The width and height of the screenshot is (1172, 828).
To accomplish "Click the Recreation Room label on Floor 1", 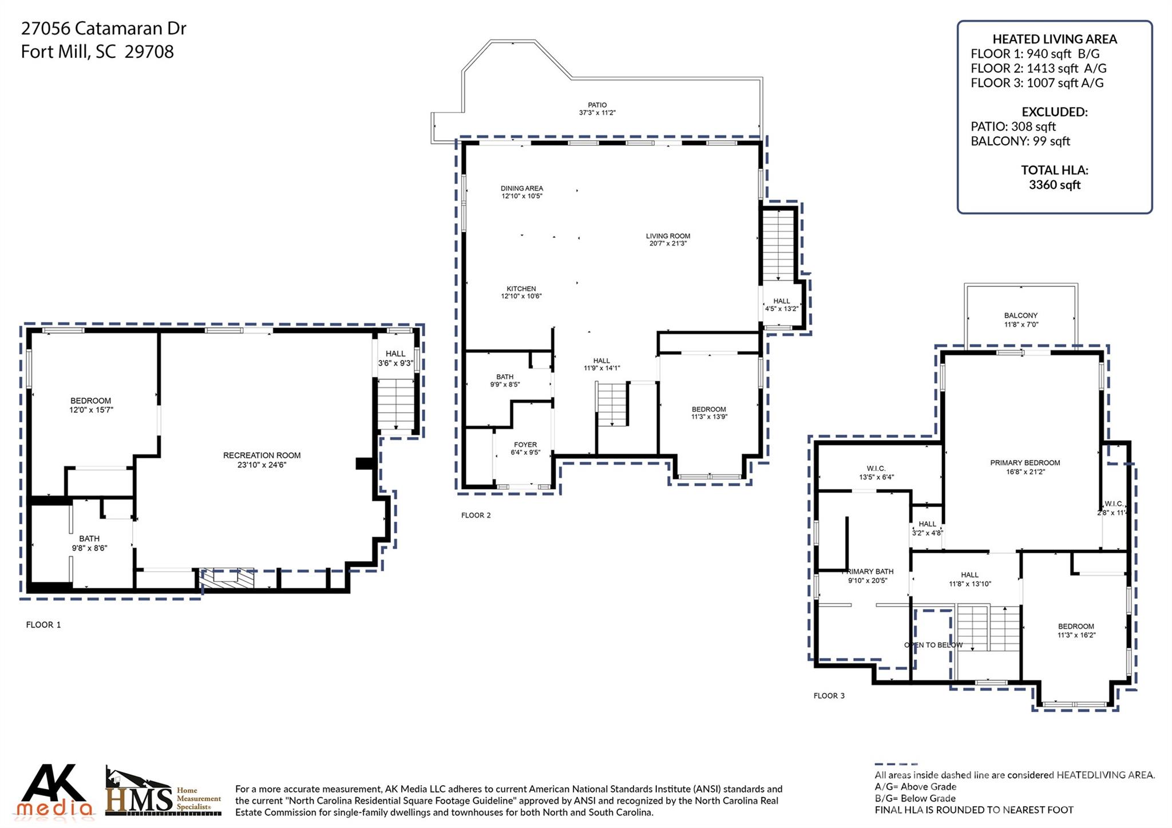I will point(262,455).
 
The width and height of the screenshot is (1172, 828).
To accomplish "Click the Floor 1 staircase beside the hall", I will point(396,404).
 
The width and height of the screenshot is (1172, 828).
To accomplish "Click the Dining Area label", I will point(521,188).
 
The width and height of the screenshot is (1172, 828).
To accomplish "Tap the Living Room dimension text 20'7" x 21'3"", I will point(667,244).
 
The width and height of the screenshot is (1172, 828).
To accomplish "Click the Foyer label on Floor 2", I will point(525,445).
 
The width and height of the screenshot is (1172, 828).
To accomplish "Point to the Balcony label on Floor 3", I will point(1020,316).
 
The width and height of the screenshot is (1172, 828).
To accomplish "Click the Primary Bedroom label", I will point(1024,463).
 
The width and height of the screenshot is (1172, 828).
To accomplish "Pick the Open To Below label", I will point(933,645).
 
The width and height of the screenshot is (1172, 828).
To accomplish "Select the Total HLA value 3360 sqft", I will point(1054,185).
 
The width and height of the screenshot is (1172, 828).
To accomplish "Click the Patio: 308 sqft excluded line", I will point(1012,126).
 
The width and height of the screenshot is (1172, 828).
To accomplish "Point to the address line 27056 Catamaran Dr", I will point(104,29).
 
